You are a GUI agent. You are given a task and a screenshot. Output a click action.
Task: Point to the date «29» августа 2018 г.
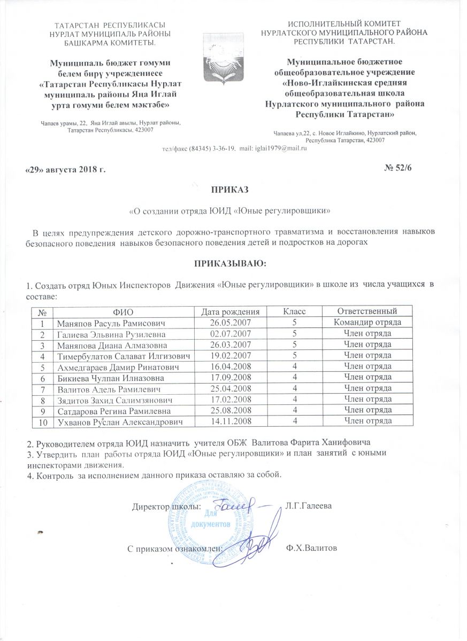pyautogui.click(x=66, y=169)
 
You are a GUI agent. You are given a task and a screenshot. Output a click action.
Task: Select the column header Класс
pyautogui.click(x=294, y=311)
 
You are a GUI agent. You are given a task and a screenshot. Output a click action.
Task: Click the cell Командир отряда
pyautogui.click(x=367, y=323)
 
